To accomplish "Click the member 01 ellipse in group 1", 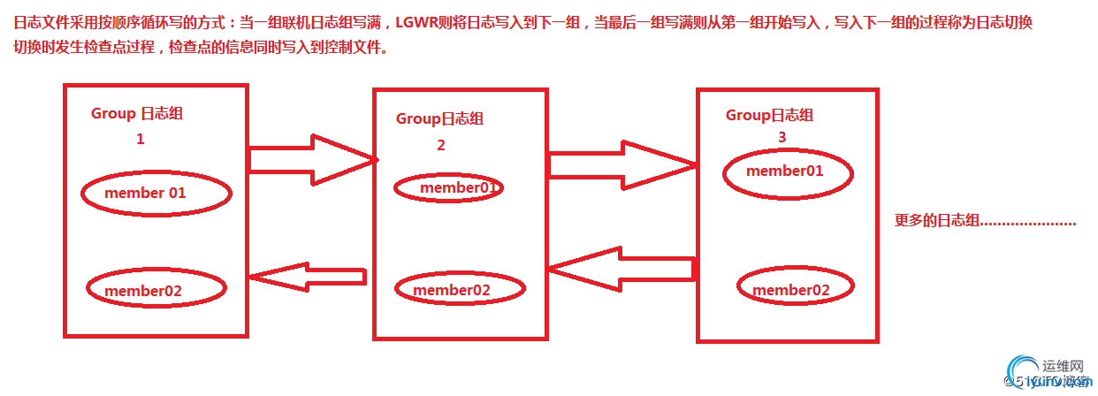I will [156, 193].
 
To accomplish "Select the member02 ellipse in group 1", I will [156, 289].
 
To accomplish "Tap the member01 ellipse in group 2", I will [448, 187].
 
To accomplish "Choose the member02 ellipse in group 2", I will [460, 289].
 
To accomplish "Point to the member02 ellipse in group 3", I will [794, 289].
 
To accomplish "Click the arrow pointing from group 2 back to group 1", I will [307, 277].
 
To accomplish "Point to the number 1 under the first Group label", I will [140, 139].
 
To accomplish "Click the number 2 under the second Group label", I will [441, 145].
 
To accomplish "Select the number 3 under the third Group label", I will [782, 137].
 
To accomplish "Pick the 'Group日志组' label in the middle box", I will [439, 118].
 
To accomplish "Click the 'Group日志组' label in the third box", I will [769, 115].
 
